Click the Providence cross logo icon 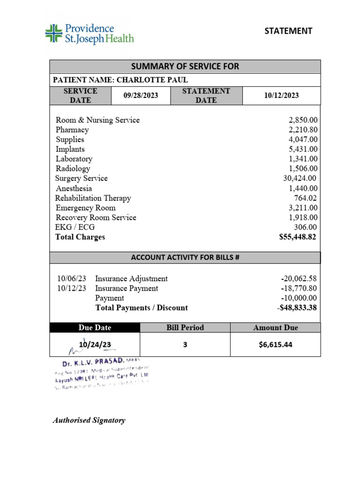53,34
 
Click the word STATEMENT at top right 288,31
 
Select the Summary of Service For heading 185,67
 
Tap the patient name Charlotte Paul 152,80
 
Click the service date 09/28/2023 141,96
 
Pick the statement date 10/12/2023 281,96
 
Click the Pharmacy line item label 72,130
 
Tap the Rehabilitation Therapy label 93,198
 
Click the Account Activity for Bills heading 185,257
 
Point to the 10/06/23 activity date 72,279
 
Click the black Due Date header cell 95,328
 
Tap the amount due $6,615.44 275,345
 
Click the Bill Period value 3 185,345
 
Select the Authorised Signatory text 89,420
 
